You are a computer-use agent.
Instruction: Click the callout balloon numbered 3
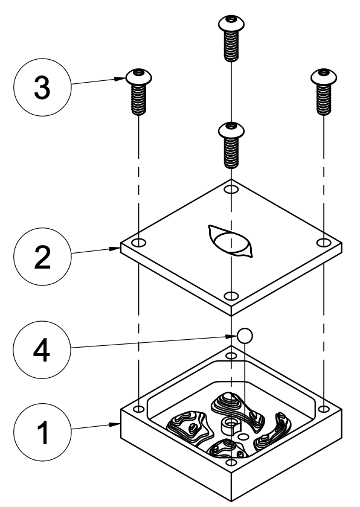pos(42,88)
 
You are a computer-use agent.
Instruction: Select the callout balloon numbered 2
pos(42,257)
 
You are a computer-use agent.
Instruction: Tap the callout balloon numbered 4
pos(42,350)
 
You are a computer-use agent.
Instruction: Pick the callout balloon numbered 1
pos(42,432)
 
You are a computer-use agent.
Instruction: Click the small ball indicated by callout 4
pos(245,336)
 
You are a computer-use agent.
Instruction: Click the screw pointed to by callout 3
pos(139,92)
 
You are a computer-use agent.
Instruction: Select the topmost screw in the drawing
pos(231,38)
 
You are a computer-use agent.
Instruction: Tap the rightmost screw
pos(324,92)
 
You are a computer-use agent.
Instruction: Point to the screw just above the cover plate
pos(231,145)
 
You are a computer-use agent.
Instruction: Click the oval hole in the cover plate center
pos(231,241)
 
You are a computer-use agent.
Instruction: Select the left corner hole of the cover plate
pos(139,243)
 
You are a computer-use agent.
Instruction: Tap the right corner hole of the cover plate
pos(323,243)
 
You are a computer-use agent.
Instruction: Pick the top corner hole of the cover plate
pos(231,189)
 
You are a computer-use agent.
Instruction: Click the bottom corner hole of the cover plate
pos(231,296)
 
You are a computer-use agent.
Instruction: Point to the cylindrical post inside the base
pos(230,426)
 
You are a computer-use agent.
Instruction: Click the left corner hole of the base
pos(139,409)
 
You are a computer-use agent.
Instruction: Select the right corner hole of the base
pos(324,409)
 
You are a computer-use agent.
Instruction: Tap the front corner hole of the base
pos(231,462)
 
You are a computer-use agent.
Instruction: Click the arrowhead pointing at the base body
pos(115,424)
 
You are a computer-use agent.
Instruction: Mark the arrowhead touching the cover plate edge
pos(115,249)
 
